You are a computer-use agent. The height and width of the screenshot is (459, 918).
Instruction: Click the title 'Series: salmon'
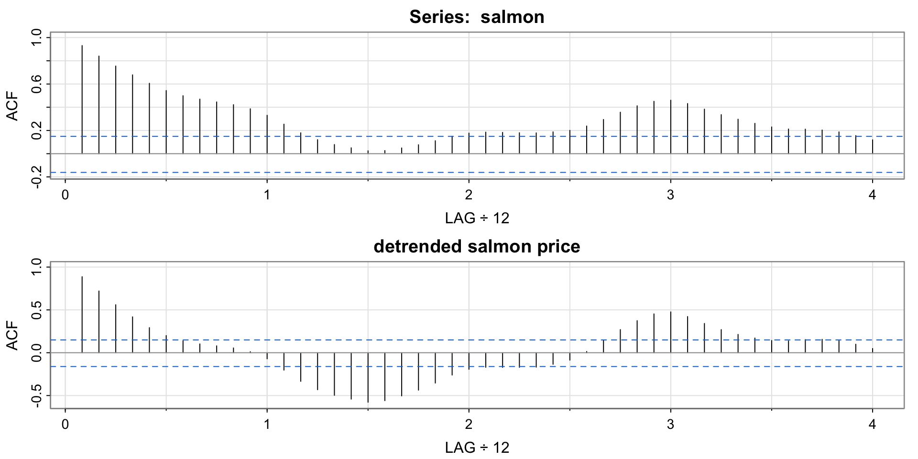click(x=477, y=17)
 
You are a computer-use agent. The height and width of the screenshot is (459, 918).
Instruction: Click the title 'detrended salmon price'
click(x=477, y=247)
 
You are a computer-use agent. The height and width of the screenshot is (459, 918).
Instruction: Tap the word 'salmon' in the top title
click(x=512, y=17)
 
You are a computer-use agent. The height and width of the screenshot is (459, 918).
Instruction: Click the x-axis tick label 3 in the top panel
click(x=670, y=195)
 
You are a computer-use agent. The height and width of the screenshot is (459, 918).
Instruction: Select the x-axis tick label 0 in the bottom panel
click(x=65, y=425)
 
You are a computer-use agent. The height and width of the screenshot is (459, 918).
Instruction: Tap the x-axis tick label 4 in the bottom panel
click(x=872, y=425)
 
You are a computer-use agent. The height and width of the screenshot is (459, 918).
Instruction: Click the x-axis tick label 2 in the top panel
click(x=469, y=195)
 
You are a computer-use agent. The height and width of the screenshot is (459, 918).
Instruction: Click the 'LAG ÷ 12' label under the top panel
click(x=477, y=219)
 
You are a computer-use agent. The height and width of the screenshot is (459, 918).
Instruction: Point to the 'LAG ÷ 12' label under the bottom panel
click(x=477, y=448)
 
